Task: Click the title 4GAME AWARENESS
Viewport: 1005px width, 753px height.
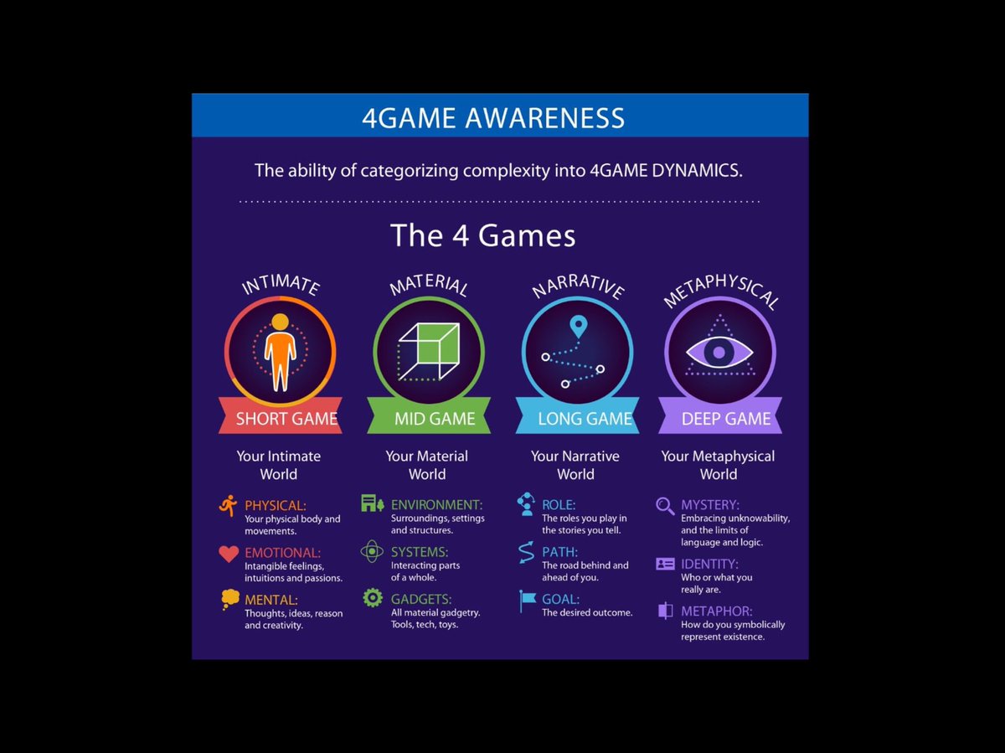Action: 492,117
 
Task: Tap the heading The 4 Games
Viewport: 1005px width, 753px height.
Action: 482,235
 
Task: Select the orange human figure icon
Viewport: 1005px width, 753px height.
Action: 280,352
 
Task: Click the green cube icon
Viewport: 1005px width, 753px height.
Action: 428,352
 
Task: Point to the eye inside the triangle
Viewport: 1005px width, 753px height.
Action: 719,351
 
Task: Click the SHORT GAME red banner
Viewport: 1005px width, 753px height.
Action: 280,419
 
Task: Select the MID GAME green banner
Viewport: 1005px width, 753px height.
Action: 428,419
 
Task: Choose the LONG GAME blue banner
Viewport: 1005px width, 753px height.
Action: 576,419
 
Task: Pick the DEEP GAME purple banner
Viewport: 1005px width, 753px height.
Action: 720,419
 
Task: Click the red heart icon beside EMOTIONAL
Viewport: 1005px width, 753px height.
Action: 229,554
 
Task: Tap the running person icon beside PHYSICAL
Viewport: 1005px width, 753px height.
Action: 228,505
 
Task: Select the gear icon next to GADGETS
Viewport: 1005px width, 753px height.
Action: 373,598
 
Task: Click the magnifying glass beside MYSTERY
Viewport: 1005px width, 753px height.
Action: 665,506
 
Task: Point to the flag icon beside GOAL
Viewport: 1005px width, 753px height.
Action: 527,601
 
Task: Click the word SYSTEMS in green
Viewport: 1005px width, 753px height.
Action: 419,553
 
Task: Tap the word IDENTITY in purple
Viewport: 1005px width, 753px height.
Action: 709,565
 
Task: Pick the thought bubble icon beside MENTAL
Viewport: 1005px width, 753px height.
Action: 229,599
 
